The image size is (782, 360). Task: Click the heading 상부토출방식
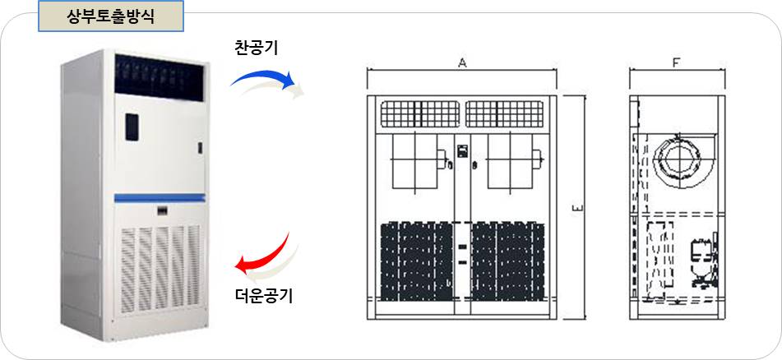[110, 16]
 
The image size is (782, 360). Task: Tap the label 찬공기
[256, 48]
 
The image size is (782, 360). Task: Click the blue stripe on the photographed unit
[159, 197]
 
